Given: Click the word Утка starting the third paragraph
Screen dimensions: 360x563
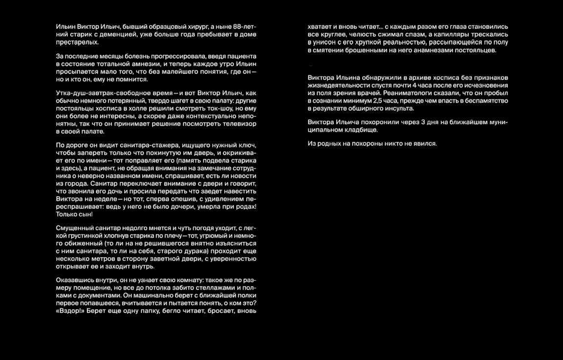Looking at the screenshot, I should [64, 93].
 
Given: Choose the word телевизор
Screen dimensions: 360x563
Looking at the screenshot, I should [239, 124].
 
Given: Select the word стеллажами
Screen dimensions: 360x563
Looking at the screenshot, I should [213, 288].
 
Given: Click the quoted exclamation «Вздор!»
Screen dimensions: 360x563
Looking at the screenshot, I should [71, 310].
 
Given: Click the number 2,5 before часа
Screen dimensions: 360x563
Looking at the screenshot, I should [379, 101].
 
